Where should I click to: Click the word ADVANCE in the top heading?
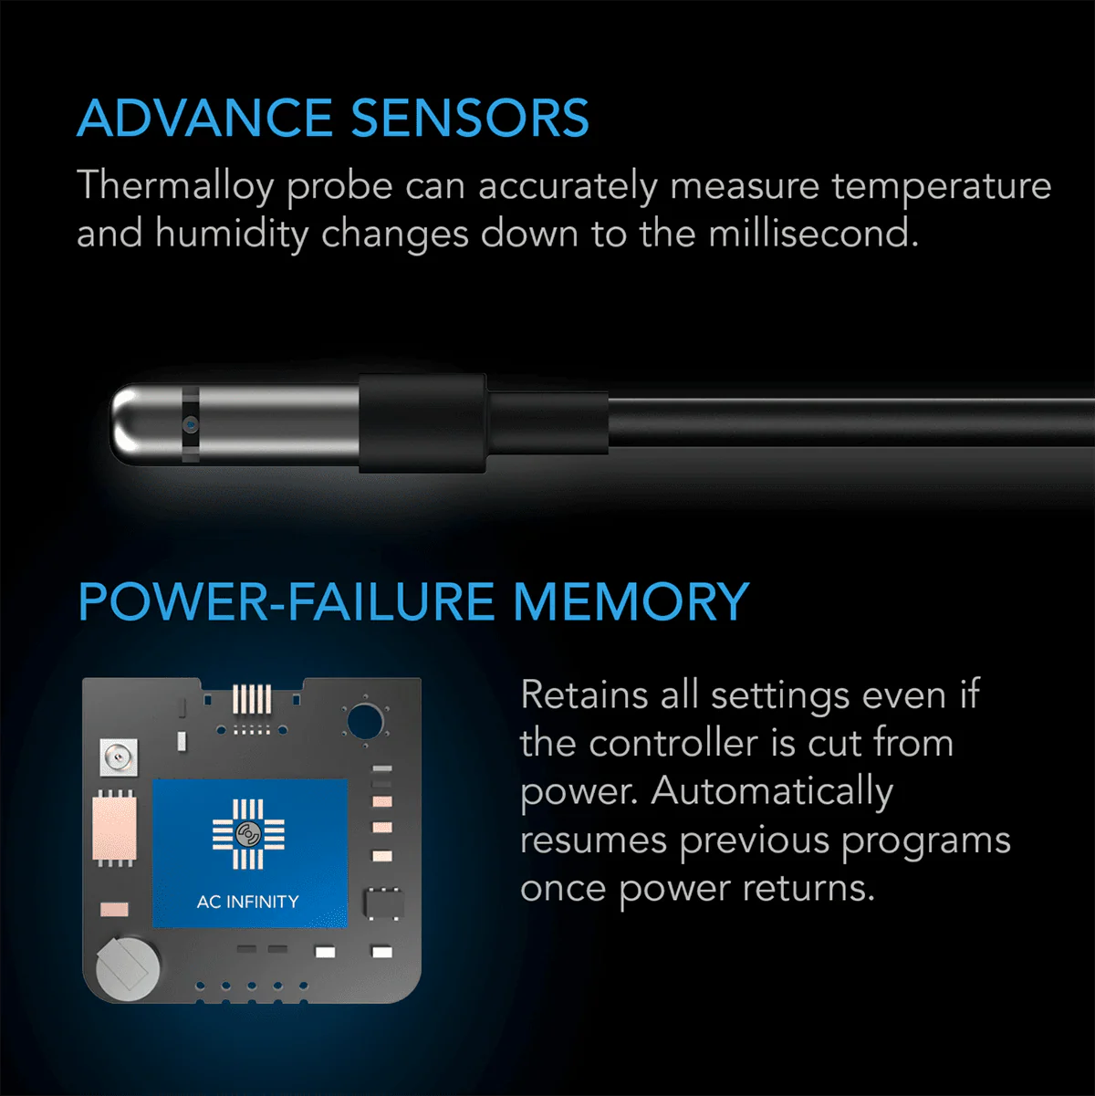[x=203, y=119]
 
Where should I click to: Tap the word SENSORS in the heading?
[x=470, y=119]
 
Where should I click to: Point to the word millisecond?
[x=810, y=234]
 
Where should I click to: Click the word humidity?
[x=232, y=235]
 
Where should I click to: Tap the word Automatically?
[x=772, y=792]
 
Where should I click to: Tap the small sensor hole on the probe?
[x=190, y=423]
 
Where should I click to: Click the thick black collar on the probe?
[x=421, y=423]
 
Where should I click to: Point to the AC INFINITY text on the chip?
[x=247, y=902]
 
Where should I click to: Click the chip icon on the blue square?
[x=247, y=833]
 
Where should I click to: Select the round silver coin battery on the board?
[x=128, y=965]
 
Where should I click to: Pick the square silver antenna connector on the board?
[x=117, y=757]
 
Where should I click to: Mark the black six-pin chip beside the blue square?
[x=383, y=903]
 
